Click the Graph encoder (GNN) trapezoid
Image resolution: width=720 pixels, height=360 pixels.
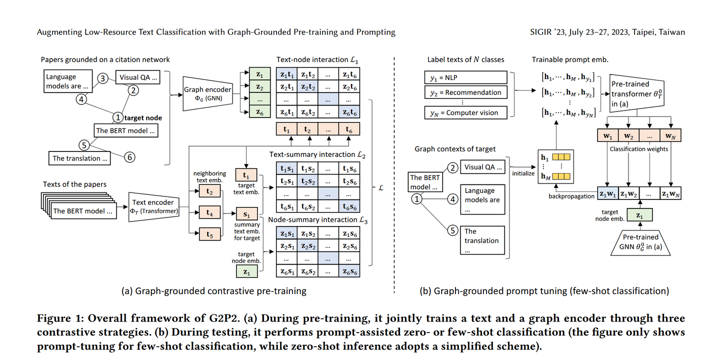pos(207,93)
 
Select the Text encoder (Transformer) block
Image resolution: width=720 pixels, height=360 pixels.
pos(153,206)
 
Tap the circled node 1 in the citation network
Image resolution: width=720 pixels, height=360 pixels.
pos(117,118)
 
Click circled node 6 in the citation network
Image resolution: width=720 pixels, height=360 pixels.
pos(129,157)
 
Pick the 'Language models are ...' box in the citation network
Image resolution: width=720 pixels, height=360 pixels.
pos(68,80)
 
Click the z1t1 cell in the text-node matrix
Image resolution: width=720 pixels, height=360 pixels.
pos(286,74)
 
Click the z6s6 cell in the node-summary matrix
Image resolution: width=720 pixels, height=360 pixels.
pos(349,271)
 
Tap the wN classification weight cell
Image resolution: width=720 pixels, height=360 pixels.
pos(670,135)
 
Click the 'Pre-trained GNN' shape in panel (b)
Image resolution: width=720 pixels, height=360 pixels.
pos(640,243)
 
